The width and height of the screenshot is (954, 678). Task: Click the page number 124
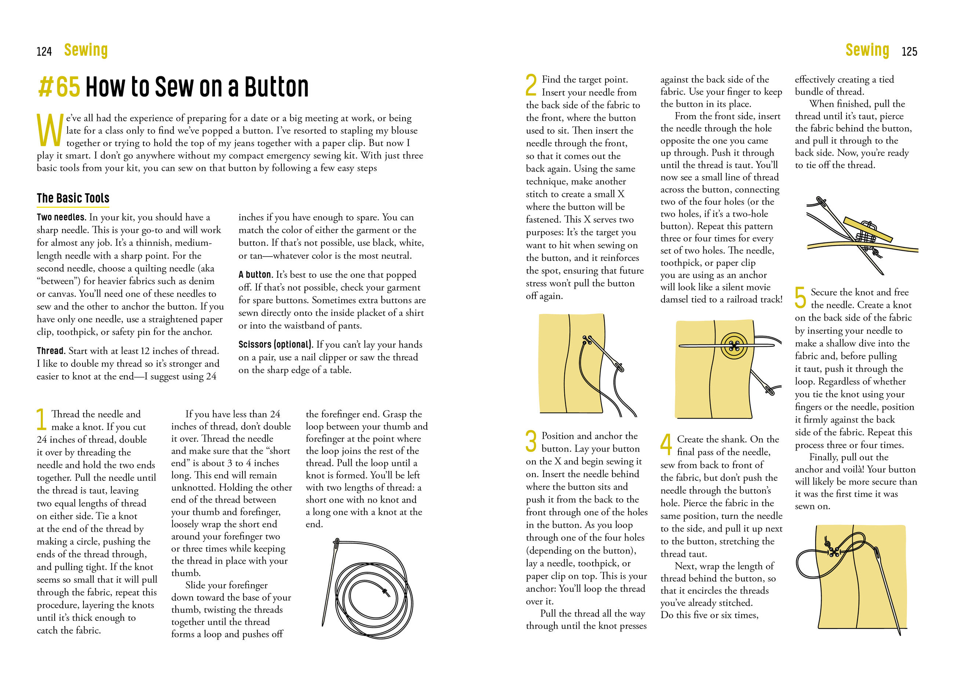[x=44, y=51]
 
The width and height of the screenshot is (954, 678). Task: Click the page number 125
[x=909, y=51]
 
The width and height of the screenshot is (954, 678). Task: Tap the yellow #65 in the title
[x=59, y=86]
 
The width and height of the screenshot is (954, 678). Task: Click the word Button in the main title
[x=276, y=86]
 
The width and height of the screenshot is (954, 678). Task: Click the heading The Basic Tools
[x=73, y=198]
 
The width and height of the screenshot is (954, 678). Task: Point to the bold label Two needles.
[x=61, y=217]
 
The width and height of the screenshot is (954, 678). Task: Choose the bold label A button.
[x=255, y=275]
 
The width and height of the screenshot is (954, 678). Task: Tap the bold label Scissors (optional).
[x=276, y=344]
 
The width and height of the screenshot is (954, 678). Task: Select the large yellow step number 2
[x=531, y=85]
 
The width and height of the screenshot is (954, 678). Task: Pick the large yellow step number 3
[x=531, y=441]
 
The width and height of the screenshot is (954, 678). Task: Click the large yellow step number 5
[x=800, y=297]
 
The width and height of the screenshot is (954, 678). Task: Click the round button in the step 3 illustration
[x=734, y=346]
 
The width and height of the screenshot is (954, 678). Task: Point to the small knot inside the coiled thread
[x=385, y=592]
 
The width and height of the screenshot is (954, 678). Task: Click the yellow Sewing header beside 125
[x=867, y=50]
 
